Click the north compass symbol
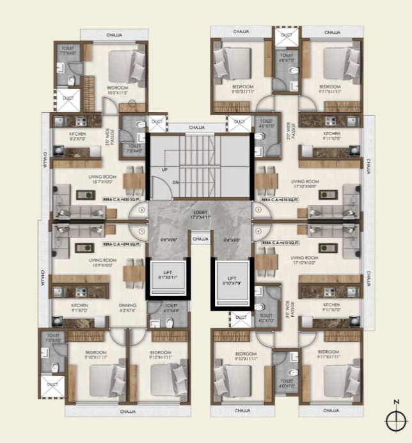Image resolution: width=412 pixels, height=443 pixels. point(397,419)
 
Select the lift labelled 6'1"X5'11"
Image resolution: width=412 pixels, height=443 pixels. point(166,276)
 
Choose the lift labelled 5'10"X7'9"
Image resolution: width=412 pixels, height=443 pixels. point(232,280)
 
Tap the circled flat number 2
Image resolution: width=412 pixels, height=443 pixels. point(142,209)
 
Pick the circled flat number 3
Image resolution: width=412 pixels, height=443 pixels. point(258,209)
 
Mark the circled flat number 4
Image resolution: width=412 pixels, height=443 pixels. point(258,231)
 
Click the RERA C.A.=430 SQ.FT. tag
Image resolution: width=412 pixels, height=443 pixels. point(121,199)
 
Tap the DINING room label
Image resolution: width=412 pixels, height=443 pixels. point(127,308)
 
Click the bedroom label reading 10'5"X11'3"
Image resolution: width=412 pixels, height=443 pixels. point(118,90)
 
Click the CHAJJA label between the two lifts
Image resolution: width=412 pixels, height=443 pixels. point(200,239)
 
